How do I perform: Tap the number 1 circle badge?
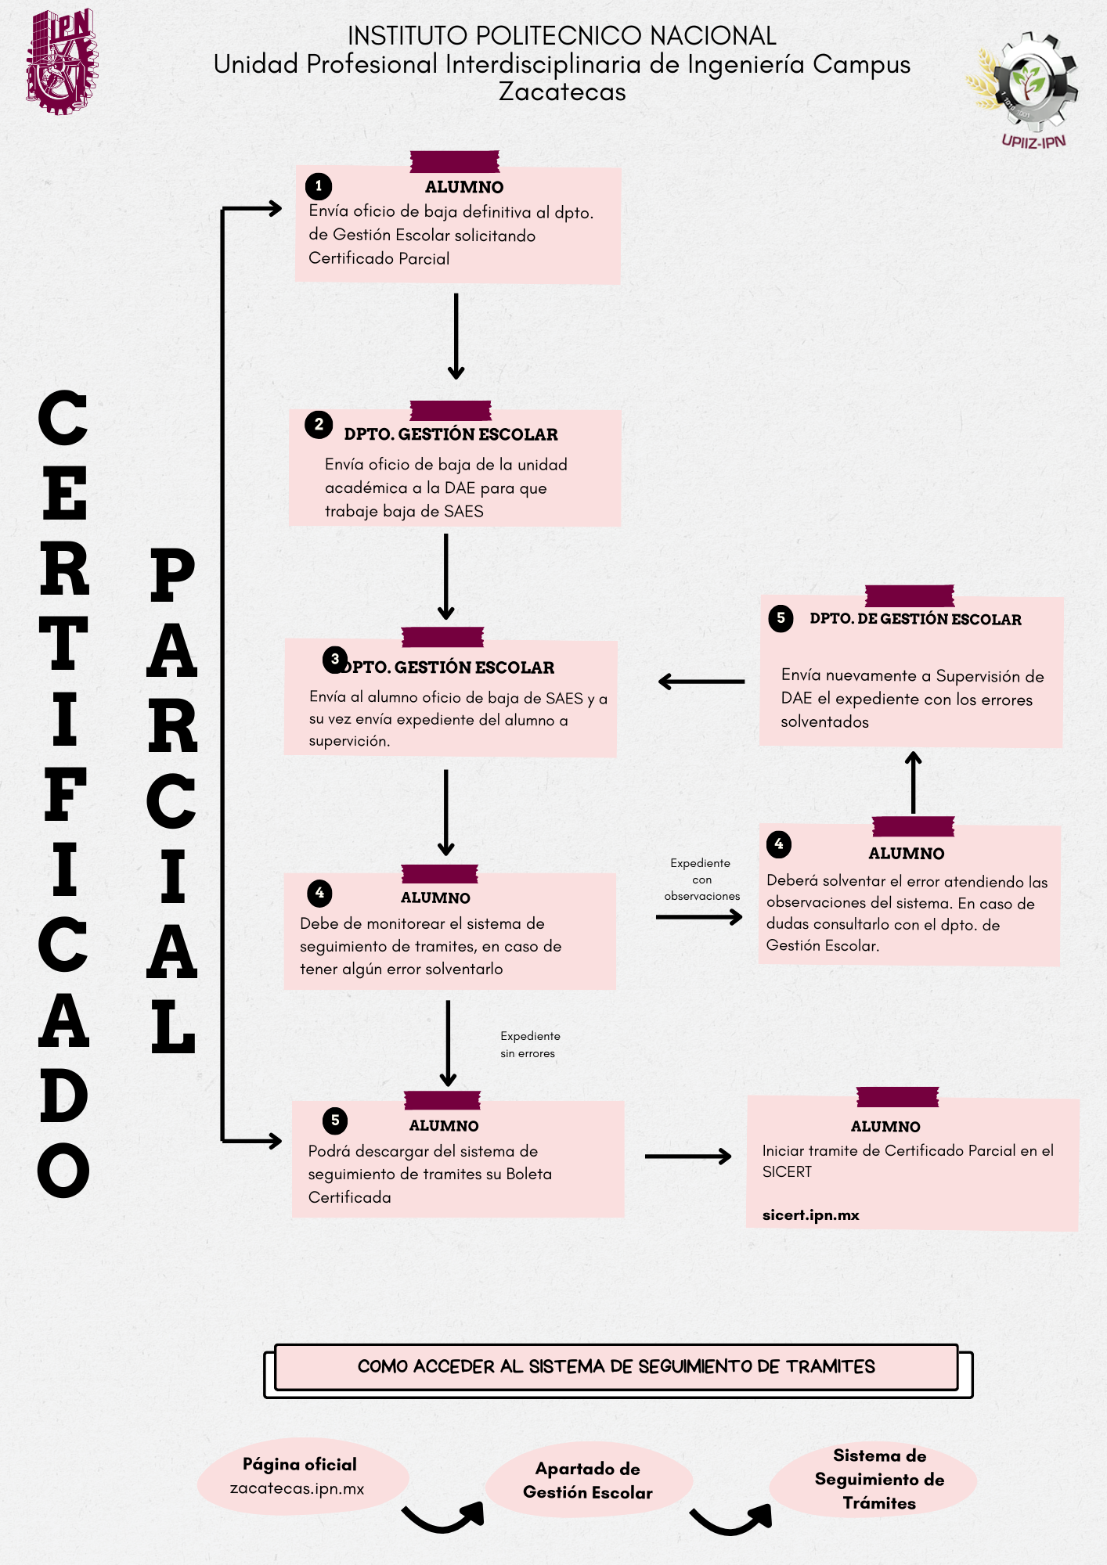(x=318, y=186)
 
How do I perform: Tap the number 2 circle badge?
(x=319, y=425)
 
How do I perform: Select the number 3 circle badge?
(x=335, y=660)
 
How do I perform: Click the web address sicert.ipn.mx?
(x=810, y=1215)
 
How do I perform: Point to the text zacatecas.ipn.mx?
(x=297, y=1488)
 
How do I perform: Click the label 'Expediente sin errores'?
(x=530, y=1045)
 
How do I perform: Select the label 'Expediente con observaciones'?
(x=701, y=880)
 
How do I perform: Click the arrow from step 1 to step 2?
(x=456, y=336)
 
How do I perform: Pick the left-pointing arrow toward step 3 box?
(x=701, y=682)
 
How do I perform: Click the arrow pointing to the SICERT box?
(x=687, y=1156)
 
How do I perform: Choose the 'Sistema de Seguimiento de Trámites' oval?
(x=878, y=1479)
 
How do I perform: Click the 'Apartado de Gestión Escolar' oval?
(x=587, y=1480)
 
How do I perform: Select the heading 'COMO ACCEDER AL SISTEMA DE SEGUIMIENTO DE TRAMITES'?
(x=616, y=1367)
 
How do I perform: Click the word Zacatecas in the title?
(x=562, y=92)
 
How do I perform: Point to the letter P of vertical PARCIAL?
(x=171, y=575)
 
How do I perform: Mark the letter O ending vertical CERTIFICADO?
(x=63, y=1170)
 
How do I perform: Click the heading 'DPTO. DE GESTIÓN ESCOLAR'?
(x=915, y=620)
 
